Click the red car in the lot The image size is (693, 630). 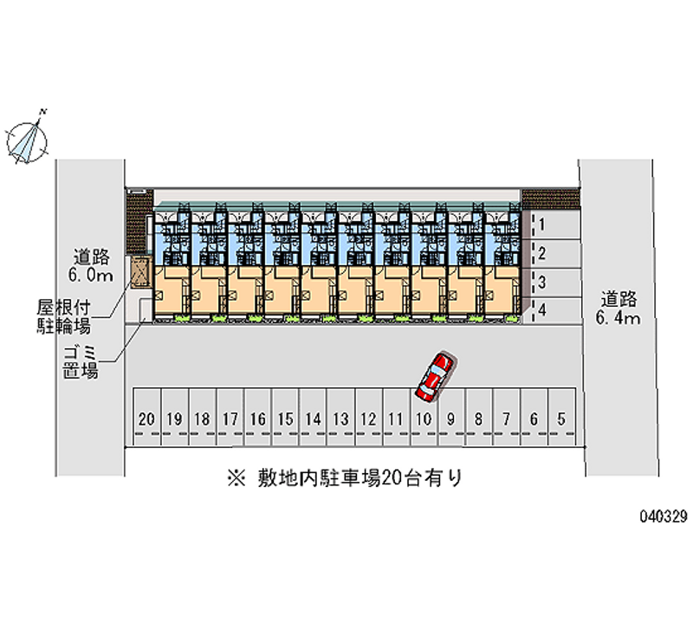(x=435, y=376)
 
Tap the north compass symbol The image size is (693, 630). (x=27, y=138)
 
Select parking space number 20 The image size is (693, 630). (x=146, y=419)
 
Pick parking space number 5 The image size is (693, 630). (x=562, y=419)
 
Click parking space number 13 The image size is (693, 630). (x=340, y=419)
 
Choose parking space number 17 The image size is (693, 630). (x=230, y=419)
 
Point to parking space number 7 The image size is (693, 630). (x=507, y=419)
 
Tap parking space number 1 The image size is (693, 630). (x=541, y=225)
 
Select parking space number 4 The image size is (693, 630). (x=541, y=309)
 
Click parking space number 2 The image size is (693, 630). (x=541, y=253)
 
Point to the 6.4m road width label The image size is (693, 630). (x=618, y=319)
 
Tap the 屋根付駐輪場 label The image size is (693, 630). (x=64, y=317)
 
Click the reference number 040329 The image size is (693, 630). (x=664, y=515)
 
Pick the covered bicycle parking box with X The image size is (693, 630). (x=139, y=271)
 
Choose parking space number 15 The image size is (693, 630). (x=285, y=419)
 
